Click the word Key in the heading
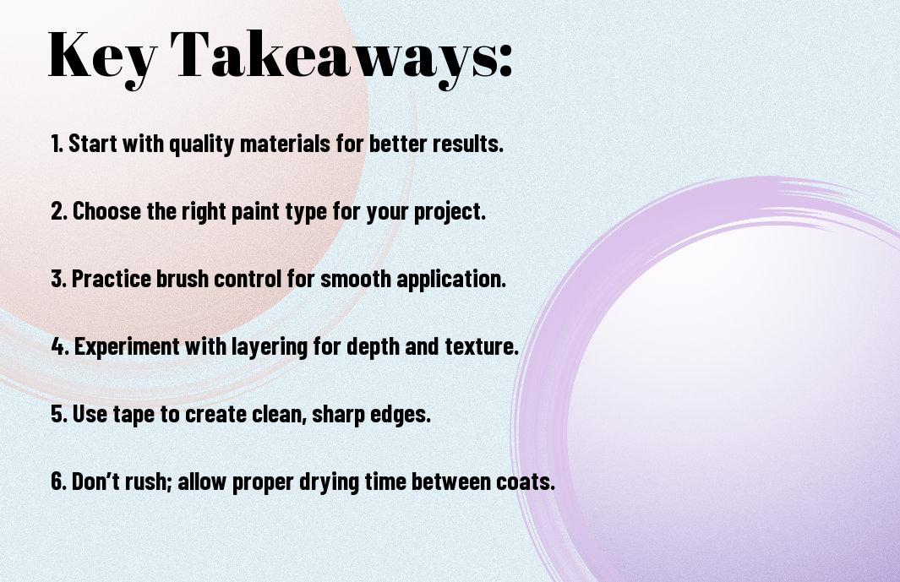(x=102, y=58)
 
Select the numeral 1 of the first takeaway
(x=55, y=144)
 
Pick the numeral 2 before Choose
(x=57, y=211)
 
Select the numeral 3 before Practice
(x=57, y=279)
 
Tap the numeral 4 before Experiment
(x=58, y=346)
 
